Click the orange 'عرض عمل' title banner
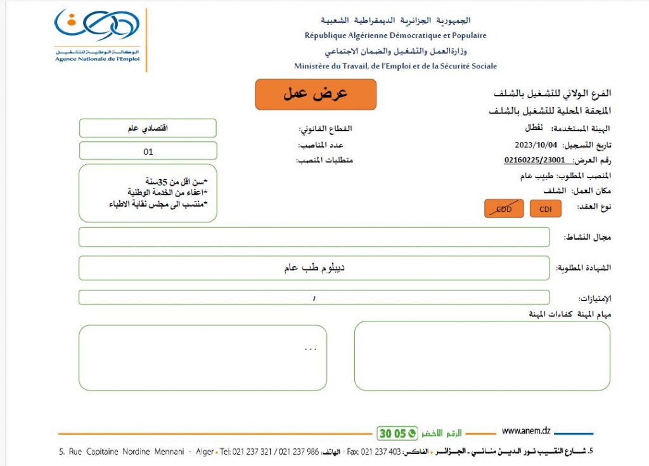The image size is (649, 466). click(x=316, y=94)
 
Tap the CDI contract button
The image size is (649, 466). click(x=546, y=209)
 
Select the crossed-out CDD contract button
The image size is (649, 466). click(x=504, y=209)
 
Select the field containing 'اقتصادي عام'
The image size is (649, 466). click(x=148, y=128)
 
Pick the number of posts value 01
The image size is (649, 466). click(x=148, y=152)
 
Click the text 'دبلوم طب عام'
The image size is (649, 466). click(x=314, y=268)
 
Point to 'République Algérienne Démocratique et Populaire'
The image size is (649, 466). click(x=395, y=36)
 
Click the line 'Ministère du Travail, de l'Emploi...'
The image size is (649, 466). click(x=395, y=66)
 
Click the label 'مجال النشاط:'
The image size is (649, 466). click(x=588, y=237)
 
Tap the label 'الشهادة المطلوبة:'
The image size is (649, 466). click(x=584, y=268)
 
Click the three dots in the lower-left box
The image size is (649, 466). click(x=310, y=348)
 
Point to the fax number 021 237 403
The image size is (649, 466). click(x=382, y=451)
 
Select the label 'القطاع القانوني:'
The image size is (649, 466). click(x=325, y=129)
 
